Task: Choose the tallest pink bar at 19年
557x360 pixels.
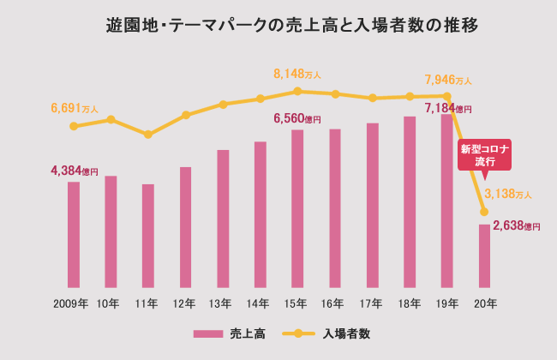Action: click(x=446, y=201)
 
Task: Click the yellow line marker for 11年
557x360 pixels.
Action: click(x=148, y=135)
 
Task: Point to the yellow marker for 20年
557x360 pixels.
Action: click(x=484, y=212)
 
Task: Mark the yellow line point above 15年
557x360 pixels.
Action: click(x=297, y=91)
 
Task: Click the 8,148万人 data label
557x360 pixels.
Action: click(x=296, y=75)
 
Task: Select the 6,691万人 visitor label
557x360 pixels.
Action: click(x=75, y=109)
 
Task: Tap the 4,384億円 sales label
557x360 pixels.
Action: click(x=75, y=171)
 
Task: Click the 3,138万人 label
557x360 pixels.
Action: click(x=508, y=194)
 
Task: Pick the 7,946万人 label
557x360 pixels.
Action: click(x=448, y=80)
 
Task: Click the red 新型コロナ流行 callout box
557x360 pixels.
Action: click(x=484, y=154)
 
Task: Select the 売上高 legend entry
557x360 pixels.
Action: click(x=229, y=333)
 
